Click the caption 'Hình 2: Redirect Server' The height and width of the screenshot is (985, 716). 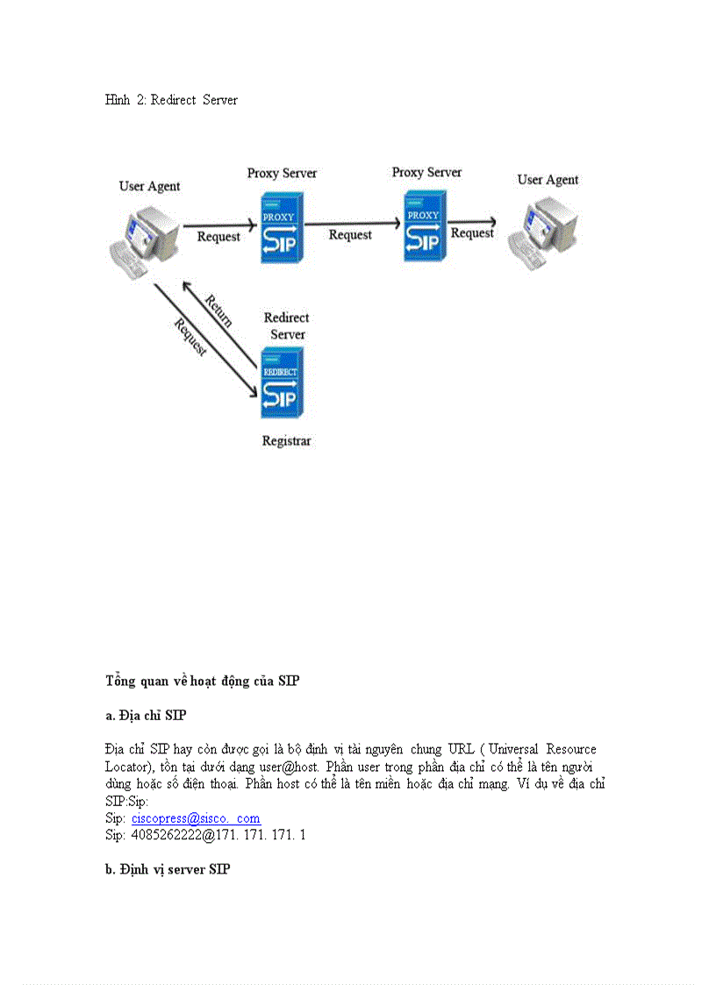[171, 100]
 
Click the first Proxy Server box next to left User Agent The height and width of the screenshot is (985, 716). [281, 227]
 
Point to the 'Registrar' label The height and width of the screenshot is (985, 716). [286, 441]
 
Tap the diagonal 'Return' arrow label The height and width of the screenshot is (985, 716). [218, 310]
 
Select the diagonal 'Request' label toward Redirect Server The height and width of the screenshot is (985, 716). [190, 338]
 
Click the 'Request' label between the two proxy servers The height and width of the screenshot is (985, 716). [350, 235]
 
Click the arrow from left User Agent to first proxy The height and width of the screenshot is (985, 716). [219, 225]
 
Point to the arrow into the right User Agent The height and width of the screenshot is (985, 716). [473, 221]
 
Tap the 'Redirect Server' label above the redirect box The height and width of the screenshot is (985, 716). [287, 325]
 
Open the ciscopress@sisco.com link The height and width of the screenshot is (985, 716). [196, 818]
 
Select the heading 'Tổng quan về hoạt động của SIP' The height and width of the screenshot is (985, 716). [203, 681]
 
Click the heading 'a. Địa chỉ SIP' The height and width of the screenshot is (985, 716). [146, 716]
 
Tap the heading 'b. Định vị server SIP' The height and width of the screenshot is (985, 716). [168, 869]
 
